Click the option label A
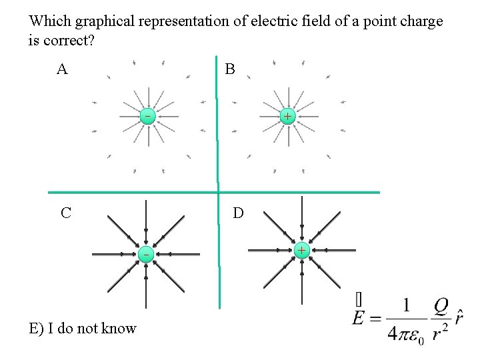(x=62, y=69)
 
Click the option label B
(x=230, y=69)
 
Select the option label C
(x=65, y=213)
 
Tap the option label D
(x=238, y=213)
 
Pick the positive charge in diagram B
(x=286, y=117)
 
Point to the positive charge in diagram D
(x=301, y=251)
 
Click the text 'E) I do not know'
(x=83, y=328)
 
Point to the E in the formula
(x=360, y=317)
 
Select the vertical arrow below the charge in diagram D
(x=302, y=283)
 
